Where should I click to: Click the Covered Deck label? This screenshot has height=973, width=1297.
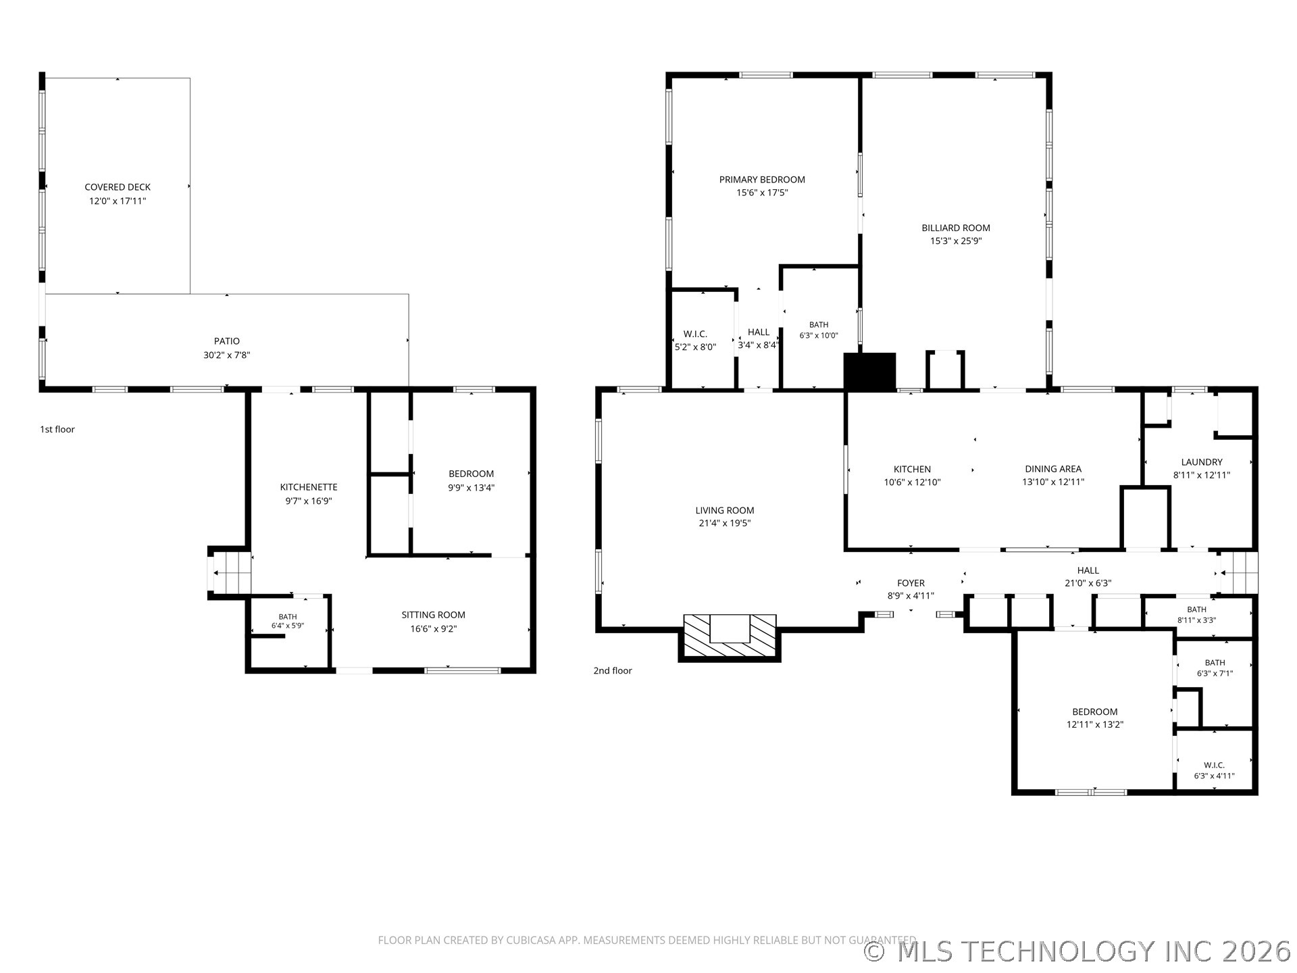tap(118, 187)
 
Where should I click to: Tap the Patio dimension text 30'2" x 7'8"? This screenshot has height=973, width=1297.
tap(227, 355)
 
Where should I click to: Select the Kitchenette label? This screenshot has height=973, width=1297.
tap(309, 487)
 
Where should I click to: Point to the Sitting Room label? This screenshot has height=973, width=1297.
tap(434, 615)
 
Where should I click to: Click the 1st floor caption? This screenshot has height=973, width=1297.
tap(57, 429)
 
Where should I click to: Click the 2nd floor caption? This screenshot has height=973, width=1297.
tap(613, 670)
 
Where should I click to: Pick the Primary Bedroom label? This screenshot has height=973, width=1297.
tap(762, 180)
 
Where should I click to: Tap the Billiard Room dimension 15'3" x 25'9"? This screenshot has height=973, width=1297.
tap(956, 241)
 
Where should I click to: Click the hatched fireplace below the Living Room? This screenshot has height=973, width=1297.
tap(730, 637)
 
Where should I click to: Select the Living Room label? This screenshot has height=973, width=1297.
tap(725, 510)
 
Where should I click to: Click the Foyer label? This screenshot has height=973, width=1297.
tap(911, 583)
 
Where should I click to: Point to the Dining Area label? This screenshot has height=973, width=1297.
tap(1053, 469)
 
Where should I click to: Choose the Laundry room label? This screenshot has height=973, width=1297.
tap(1202, 462)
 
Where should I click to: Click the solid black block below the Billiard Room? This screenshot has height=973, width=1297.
tap(870, 372)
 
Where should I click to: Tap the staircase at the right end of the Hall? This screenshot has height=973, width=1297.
tap(1238, 573)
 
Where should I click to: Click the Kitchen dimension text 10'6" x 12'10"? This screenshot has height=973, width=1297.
tap(912, 482)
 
